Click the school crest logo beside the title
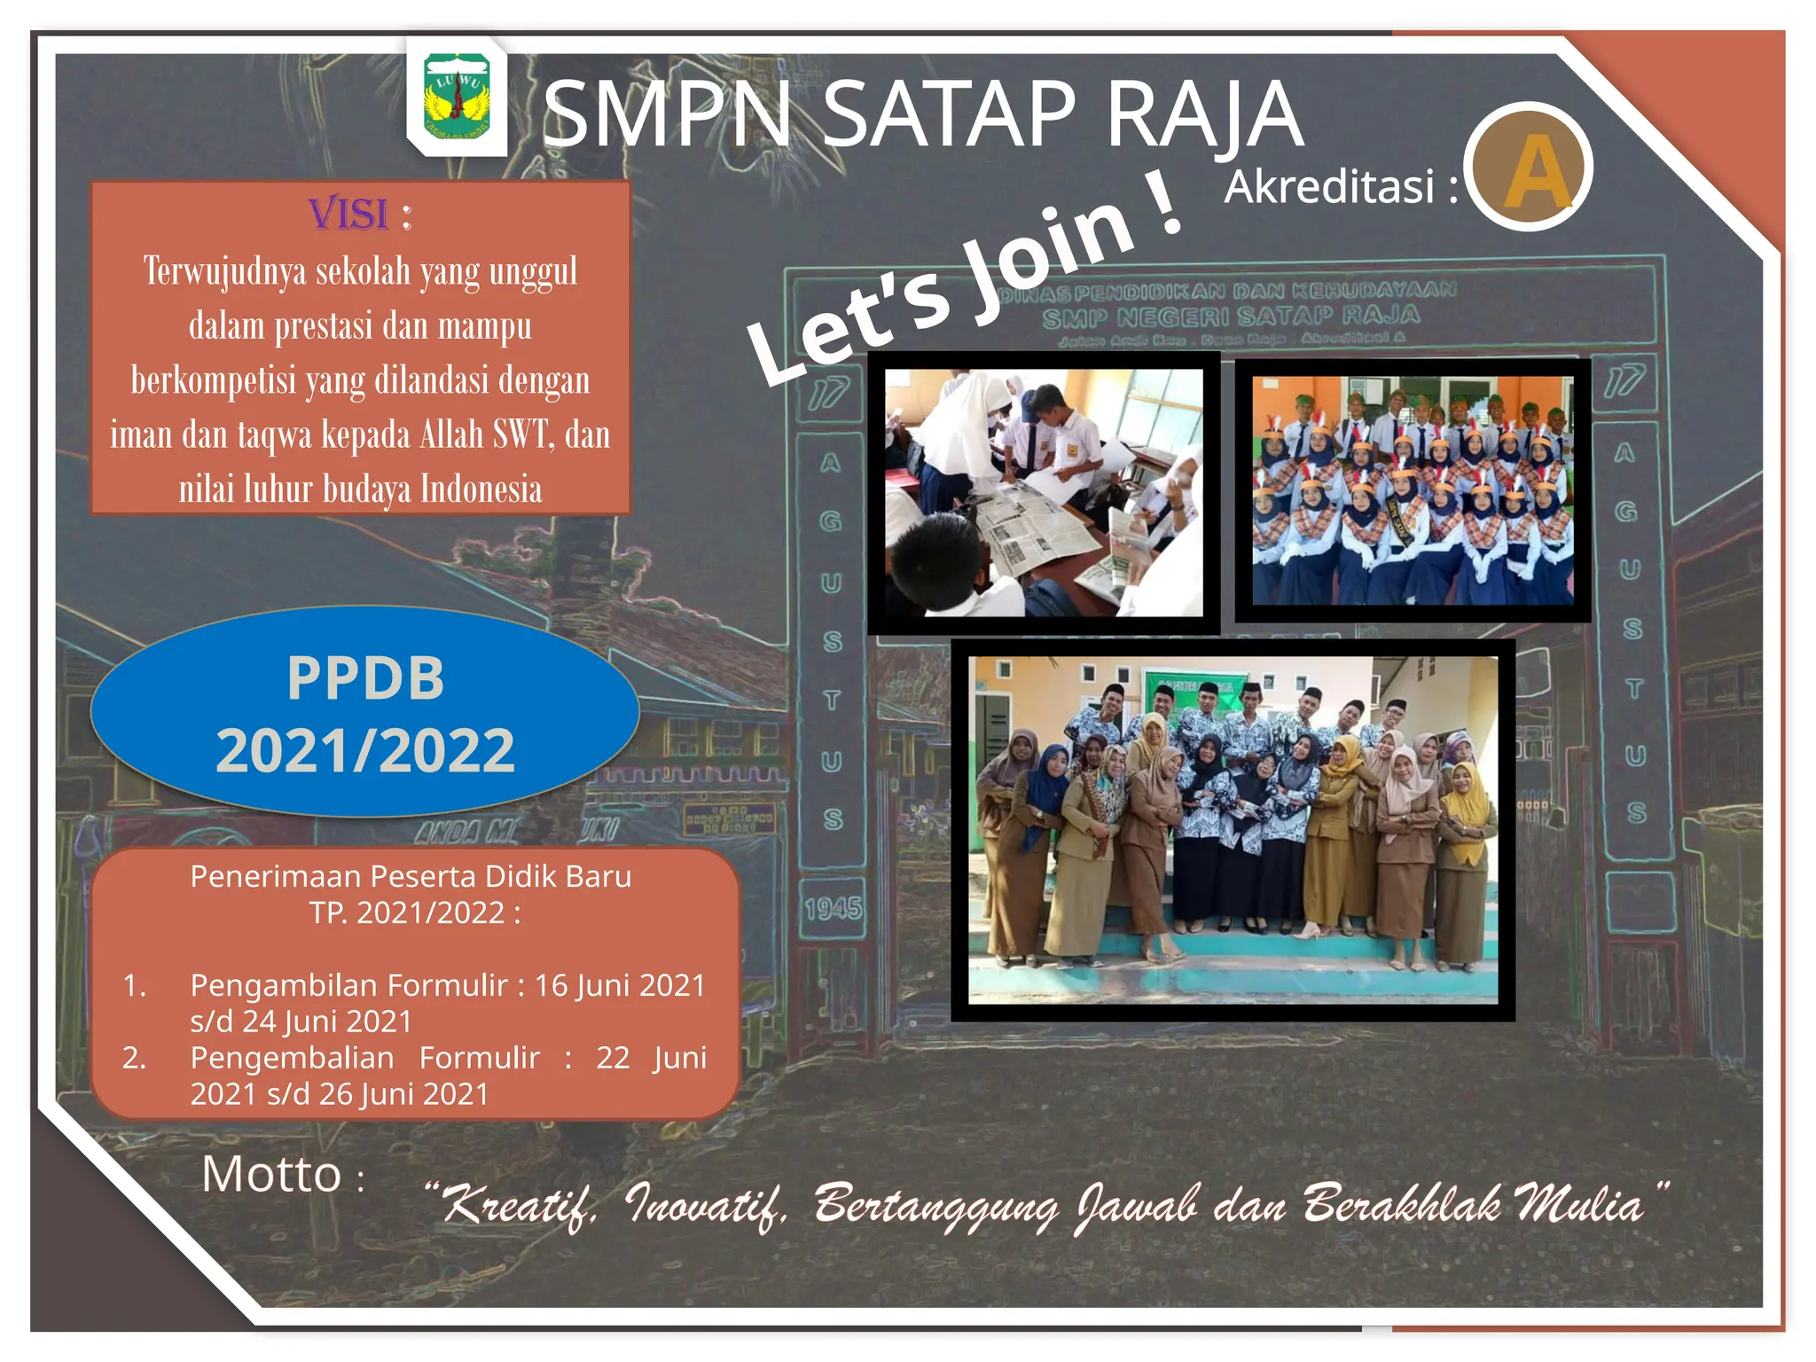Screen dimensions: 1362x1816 tap(457, 98)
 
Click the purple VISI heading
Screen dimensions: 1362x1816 tap(348, 215)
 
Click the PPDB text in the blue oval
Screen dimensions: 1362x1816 tap(365, 678)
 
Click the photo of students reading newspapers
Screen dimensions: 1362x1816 tap(1044, 493)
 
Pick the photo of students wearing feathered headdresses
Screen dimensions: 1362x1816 tap(1413, 490)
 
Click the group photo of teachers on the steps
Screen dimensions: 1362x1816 tap(1233, 830)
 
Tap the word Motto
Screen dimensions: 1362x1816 tap(271, 1175)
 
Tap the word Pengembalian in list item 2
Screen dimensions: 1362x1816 tap(292, 1058)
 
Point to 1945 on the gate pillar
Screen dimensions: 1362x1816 tap(833, 909)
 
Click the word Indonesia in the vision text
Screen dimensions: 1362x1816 tap(481, 489)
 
